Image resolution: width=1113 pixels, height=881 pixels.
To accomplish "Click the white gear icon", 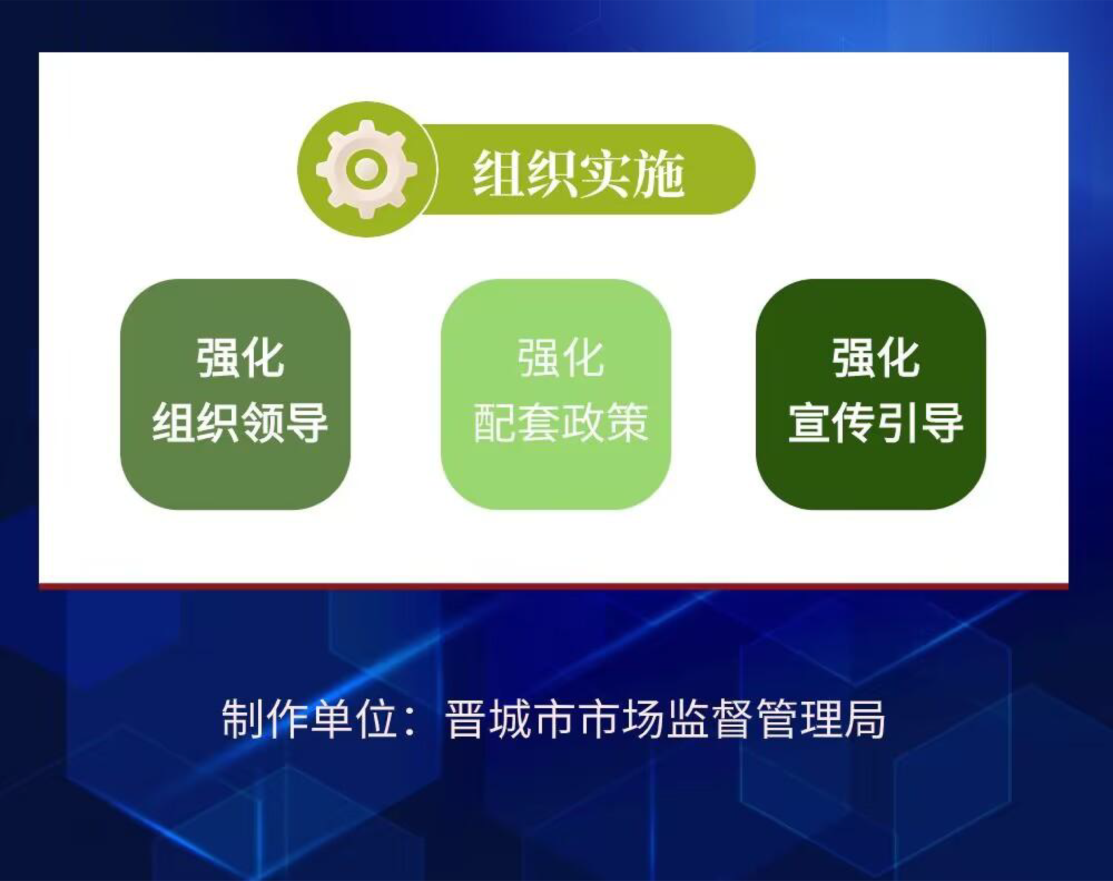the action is (x=367, y=169).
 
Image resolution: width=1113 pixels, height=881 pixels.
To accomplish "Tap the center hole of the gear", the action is (x=367, y=169).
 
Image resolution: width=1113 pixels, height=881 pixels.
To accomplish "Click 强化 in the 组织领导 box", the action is (x=240, y=358).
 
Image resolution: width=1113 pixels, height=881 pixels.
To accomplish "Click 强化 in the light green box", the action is (x=561, y=358).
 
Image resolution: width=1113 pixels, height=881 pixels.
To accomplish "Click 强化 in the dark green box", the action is (x=876, y=358).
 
